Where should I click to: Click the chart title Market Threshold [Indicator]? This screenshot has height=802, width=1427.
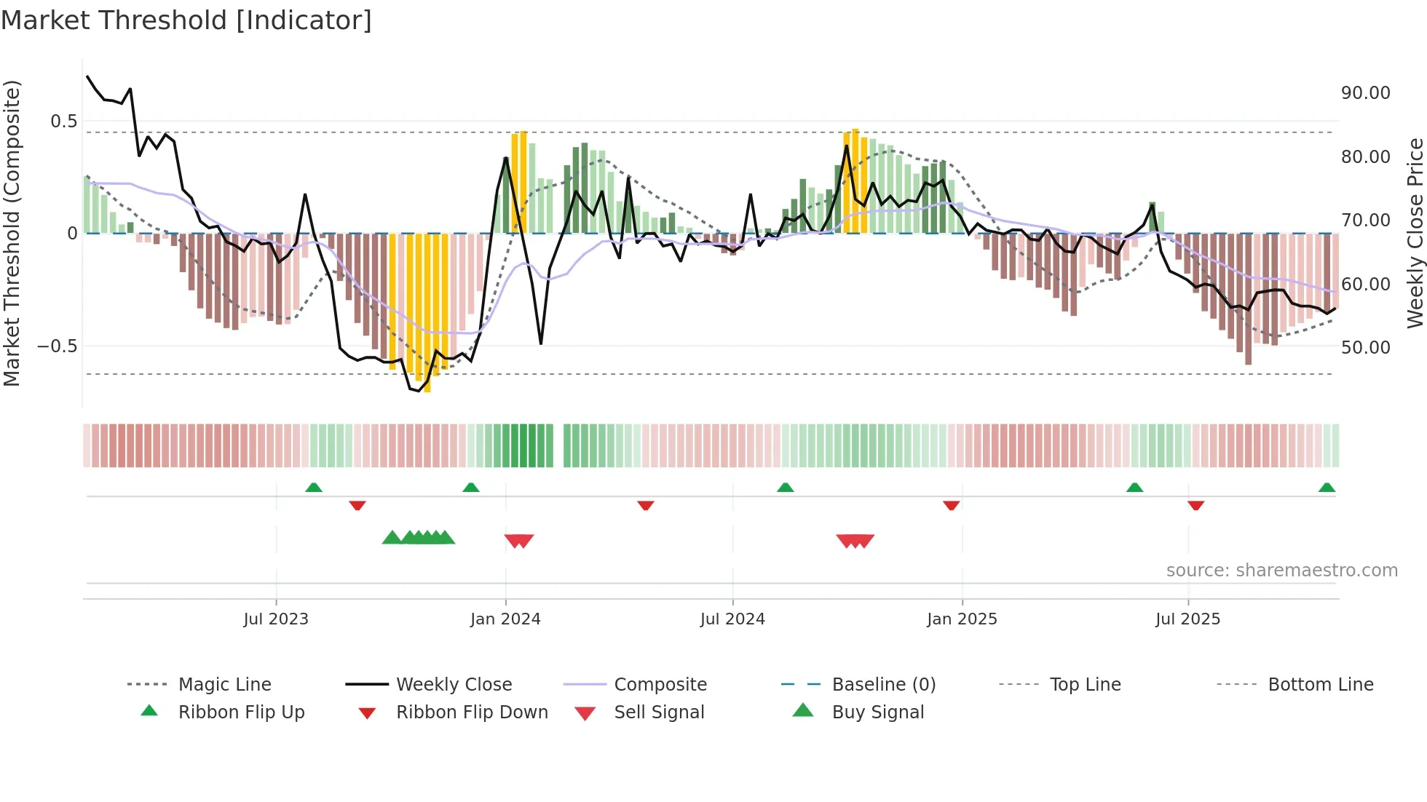click(186, 20)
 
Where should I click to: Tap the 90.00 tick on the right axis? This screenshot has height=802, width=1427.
click(1365, 93)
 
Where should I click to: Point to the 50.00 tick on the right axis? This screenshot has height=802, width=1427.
click(1365, 348)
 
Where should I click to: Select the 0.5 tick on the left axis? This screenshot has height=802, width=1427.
click(64, 122)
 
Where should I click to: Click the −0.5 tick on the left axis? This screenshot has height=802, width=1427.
click(58, 346)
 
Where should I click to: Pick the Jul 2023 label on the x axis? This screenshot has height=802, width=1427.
click(276, 619)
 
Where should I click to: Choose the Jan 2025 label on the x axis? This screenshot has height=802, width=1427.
click(962, 619)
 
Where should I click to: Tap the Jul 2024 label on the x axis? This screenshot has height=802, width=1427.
click(732, 619)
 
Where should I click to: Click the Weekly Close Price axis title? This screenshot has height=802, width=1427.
click(1415, 233)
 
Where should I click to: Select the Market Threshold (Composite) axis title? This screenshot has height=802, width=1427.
click(12, 233)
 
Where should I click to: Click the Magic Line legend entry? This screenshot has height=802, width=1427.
click(224, 685)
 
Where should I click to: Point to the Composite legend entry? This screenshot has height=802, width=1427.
click(660, 685)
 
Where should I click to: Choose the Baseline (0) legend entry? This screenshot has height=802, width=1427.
click(883, 685)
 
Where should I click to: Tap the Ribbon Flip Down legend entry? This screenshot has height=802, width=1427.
click(471, 712)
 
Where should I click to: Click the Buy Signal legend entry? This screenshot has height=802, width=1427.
click(877, 712)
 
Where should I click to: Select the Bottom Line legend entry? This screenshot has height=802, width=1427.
click(1320, 685)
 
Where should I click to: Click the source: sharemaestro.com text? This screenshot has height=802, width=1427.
click(1281, 571)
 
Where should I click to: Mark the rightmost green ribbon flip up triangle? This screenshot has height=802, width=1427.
click(1327, 488)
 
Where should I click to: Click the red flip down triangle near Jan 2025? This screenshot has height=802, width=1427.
click(951, 505)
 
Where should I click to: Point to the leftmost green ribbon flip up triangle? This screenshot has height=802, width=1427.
click(314, 488)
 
